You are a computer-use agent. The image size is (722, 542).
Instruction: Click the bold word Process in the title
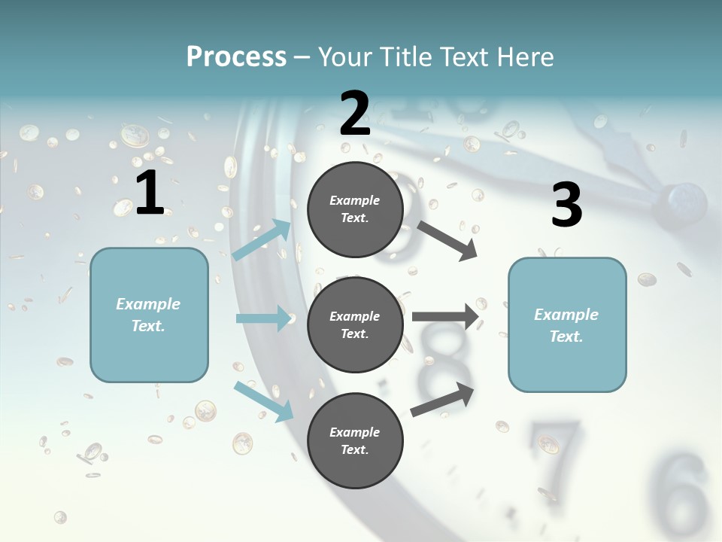[x=236, y=57]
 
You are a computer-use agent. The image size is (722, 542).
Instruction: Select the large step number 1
[x=150, y=193]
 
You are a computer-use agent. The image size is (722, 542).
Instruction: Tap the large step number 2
[x=355, y=114]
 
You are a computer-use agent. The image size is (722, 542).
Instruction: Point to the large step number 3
[x=566, y=205]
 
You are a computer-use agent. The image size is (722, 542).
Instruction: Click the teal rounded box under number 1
[x=149, y=315]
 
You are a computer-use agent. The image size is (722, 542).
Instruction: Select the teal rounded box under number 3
[x=567, y=325]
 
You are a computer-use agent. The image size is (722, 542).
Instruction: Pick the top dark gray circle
[x=355, y=209]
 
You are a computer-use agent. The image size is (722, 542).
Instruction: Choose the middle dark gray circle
[x=355, y=325]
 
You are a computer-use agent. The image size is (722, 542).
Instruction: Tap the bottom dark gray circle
[x=355, y=441]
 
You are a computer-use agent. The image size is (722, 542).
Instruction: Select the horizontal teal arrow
[x=264, y=318]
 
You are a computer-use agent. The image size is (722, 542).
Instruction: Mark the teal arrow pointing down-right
[x=264, y=401]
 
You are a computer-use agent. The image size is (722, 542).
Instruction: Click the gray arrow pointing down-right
[x=447, y=240]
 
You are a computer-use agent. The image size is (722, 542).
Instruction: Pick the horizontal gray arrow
[x=445, y=316]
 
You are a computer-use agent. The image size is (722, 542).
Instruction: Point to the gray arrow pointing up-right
[x=443, y=399]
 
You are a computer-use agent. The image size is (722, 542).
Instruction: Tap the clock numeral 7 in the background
[x=555, y=448]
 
